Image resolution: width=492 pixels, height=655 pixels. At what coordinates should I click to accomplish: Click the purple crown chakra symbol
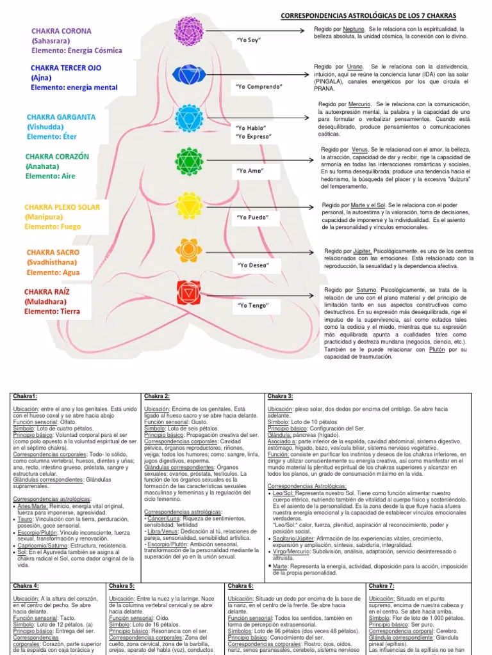pyautogui.click(x=189, y=28)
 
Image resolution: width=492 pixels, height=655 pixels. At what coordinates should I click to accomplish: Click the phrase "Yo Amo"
pyautogui.click(x=250, y=171)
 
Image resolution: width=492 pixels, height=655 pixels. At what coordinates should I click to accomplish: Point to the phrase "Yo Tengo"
pyautogui.click(x=251, y=306)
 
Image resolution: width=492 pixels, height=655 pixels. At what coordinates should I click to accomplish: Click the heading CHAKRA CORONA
pyautogui.click(x=61, y=31)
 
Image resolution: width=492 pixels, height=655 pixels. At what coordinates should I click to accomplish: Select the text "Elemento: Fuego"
pyautogui.click(x=53, y=226)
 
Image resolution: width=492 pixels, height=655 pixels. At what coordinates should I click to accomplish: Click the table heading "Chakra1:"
pyautogui.click(x=26, y=397)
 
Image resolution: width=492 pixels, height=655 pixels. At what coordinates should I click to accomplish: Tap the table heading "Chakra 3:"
pyautogui.click(x=280, y=397)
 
